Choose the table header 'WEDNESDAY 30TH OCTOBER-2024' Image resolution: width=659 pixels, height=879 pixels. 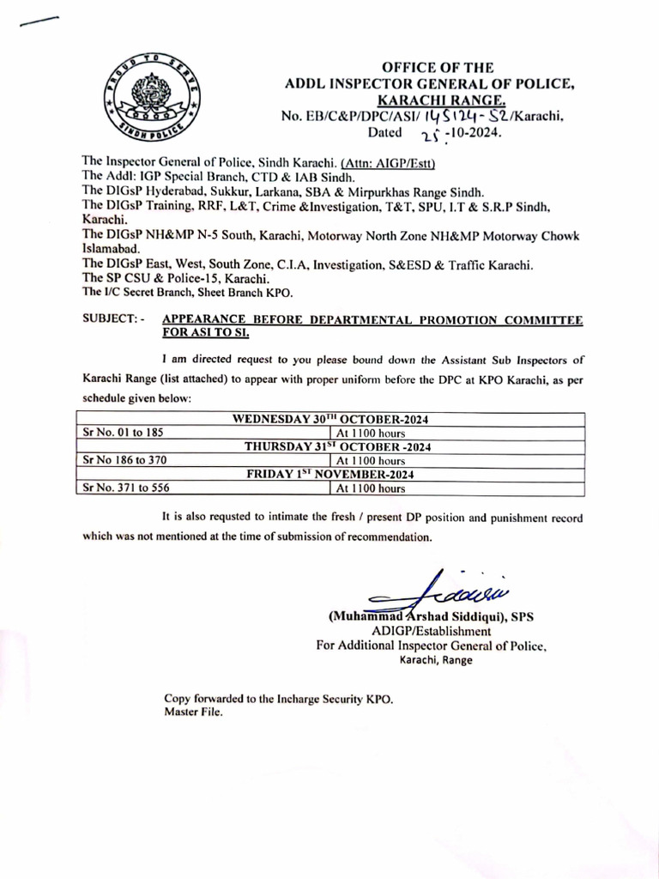pos(330,419)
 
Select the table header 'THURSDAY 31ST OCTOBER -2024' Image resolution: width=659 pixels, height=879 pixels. pos(337,446)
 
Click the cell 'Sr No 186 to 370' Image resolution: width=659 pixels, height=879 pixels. pos(122,460)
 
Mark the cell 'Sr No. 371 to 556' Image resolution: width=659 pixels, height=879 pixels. pos(125,488)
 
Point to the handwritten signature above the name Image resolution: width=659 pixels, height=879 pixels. pos(439,591)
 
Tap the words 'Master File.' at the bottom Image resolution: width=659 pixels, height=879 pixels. pos(194,712)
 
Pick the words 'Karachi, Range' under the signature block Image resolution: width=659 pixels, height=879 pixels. pos(436,660)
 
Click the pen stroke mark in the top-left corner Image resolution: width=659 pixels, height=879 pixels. pos(38,23)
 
